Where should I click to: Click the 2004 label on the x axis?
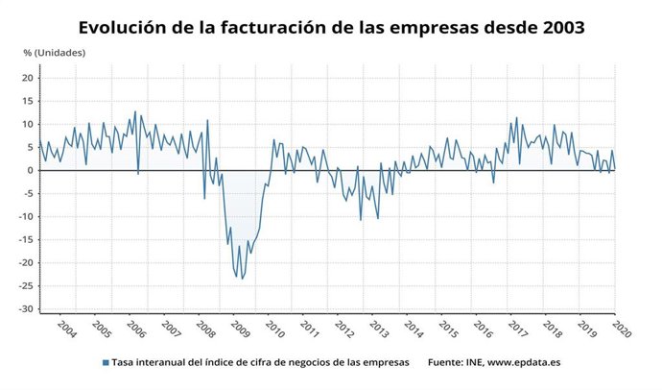coord(67,328)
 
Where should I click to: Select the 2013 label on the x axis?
coord(378,328)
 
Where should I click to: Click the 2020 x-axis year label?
coord(620,328)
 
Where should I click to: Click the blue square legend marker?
coord(104,363)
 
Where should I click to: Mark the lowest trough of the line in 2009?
coord(242,280)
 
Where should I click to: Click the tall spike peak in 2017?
coord(516,118)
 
